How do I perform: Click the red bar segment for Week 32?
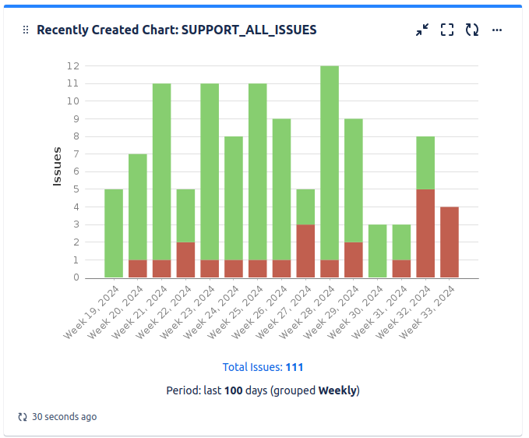(x=425, y=233)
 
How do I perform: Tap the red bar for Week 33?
(x=449, y=242)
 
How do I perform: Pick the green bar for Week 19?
(x=114, y=233)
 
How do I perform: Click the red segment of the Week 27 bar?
(x=305, y=250)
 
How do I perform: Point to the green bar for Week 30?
(x=377, y=250)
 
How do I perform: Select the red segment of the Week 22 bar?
(x=185, y=260)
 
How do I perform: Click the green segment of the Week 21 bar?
(x=161, y=171)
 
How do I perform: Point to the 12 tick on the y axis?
(x=72, y=66)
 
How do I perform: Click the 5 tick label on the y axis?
(x=76, y=189)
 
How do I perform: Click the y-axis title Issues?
(x=57, y=166)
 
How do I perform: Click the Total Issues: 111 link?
(x=263, y=367)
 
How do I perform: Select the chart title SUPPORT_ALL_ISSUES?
(x=177, y=30)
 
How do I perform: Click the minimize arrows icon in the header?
(x=422, y=30)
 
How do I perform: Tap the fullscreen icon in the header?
(x=447, y=30)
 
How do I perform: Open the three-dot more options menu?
(x=497, y=30)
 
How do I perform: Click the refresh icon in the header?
(x=472, y=30)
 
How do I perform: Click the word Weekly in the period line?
(x=337, y=390)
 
